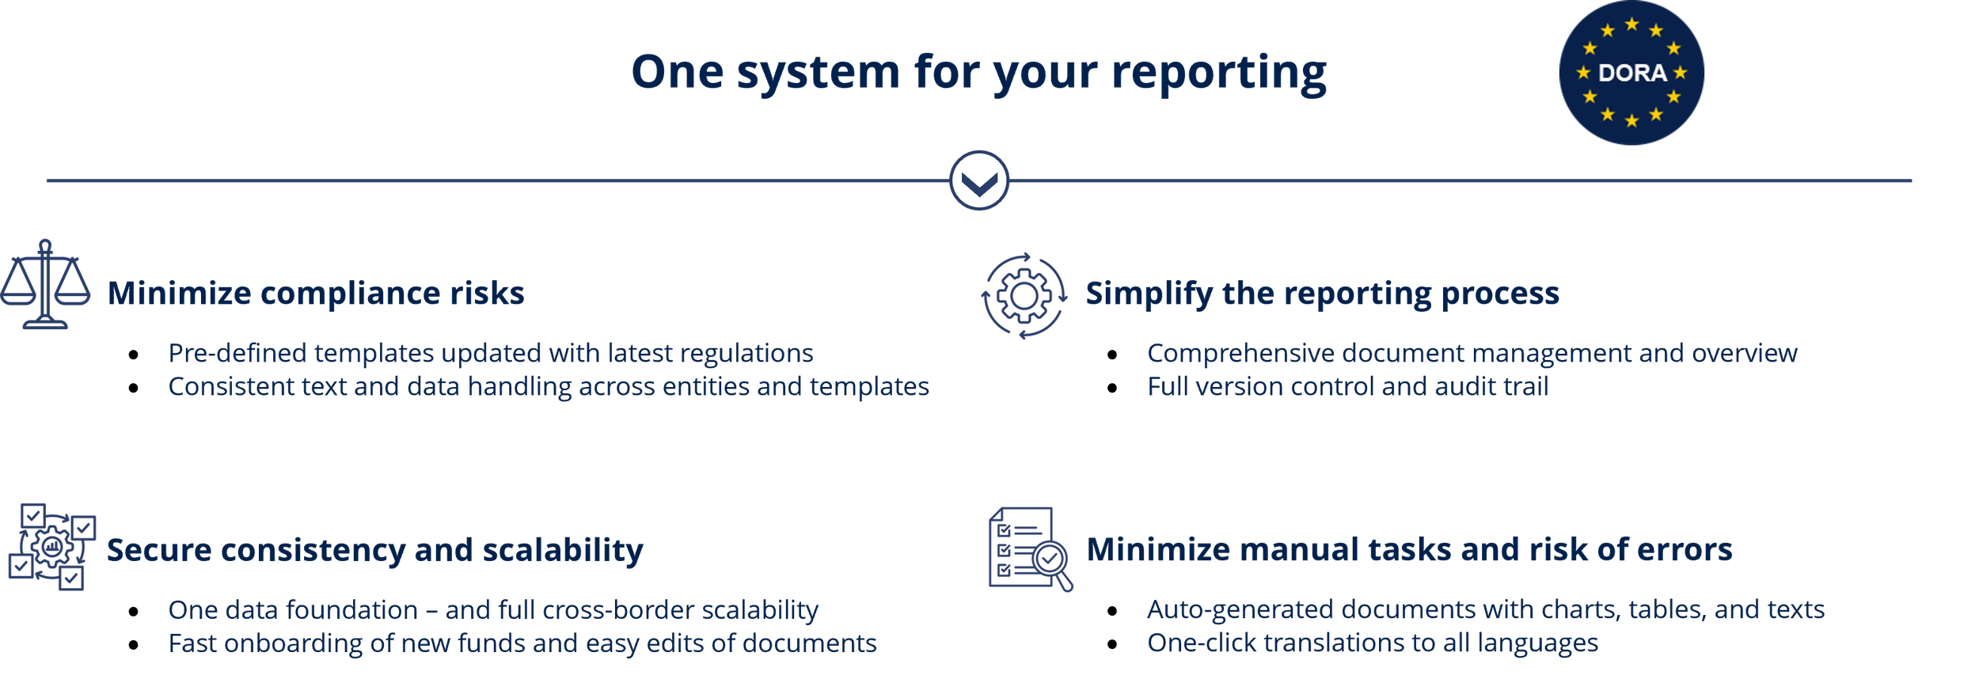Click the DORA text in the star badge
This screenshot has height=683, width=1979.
click(1631, 73)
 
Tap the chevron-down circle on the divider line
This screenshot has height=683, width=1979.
click(979, 180)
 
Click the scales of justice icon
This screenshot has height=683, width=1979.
click(45, 284)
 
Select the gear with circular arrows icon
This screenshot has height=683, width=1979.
click(1024, 296)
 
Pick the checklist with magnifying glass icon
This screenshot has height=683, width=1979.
click(1030, 548)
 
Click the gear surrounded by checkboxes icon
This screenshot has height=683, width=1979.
click(52, 547)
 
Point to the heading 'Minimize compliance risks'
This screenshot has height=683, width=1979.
click(316, 294)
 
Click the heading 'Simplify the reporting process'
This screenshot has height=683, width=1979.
click(1322, 294)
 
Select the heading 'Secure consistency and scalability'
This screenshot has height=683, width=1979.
click(374, 550)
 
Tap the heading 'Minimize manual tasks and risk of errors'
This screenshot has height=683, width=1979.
click(1409, 549)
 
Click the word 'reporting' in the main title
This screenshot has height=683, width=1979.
click(1218, 73)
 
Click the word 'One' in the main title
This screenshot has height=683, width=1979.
click(677, 73)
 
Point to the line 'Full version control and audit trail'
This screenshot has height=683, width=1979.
click(1347, 387)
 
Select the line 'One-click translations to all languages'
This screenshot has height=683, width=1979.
click(1372, 643)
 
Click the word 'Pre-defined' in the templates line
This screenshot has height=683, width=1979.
click(237, 353)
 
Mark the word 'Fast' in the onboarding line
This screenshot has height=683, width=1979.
click(192, 643)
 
